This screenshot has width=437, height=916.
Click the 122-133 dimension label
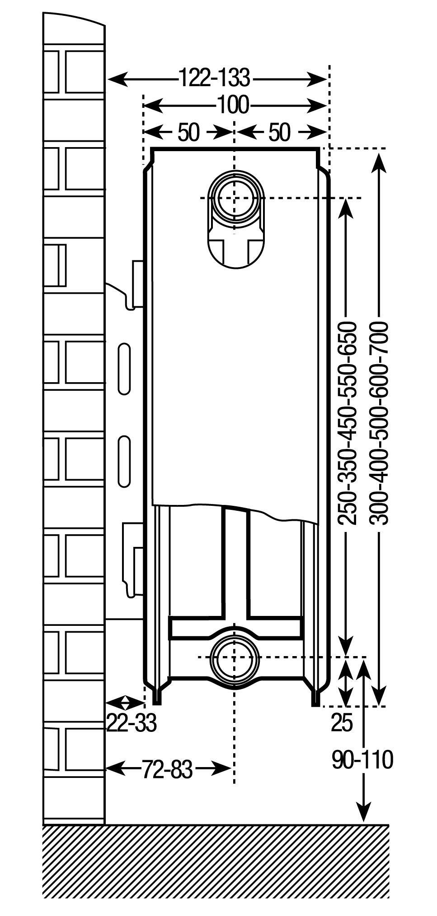click(x=215, y=78)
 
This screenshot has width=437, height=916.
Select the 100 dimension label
click(x=233, y=105)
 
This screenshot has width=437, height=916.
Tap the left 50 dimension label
click(x=188, y=132)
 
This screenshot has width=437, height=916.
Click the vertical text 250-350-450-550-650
click(x=348, y=423)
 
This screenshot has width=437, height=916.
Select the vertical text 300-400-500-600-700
click(x=379, y=423)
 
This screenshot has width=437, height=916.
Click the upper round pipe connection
click(x=234, y=198)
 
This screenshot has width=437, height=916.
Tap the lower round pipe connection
click(x=234, y=658)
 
